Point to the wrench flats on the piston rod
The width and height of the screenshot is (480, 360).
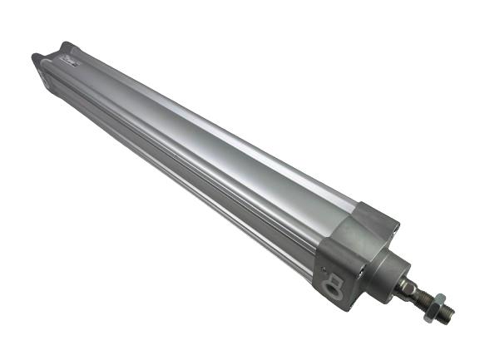coord(408,288)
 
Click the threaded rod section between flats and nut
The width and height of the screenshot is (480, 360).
coord(420,301)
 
